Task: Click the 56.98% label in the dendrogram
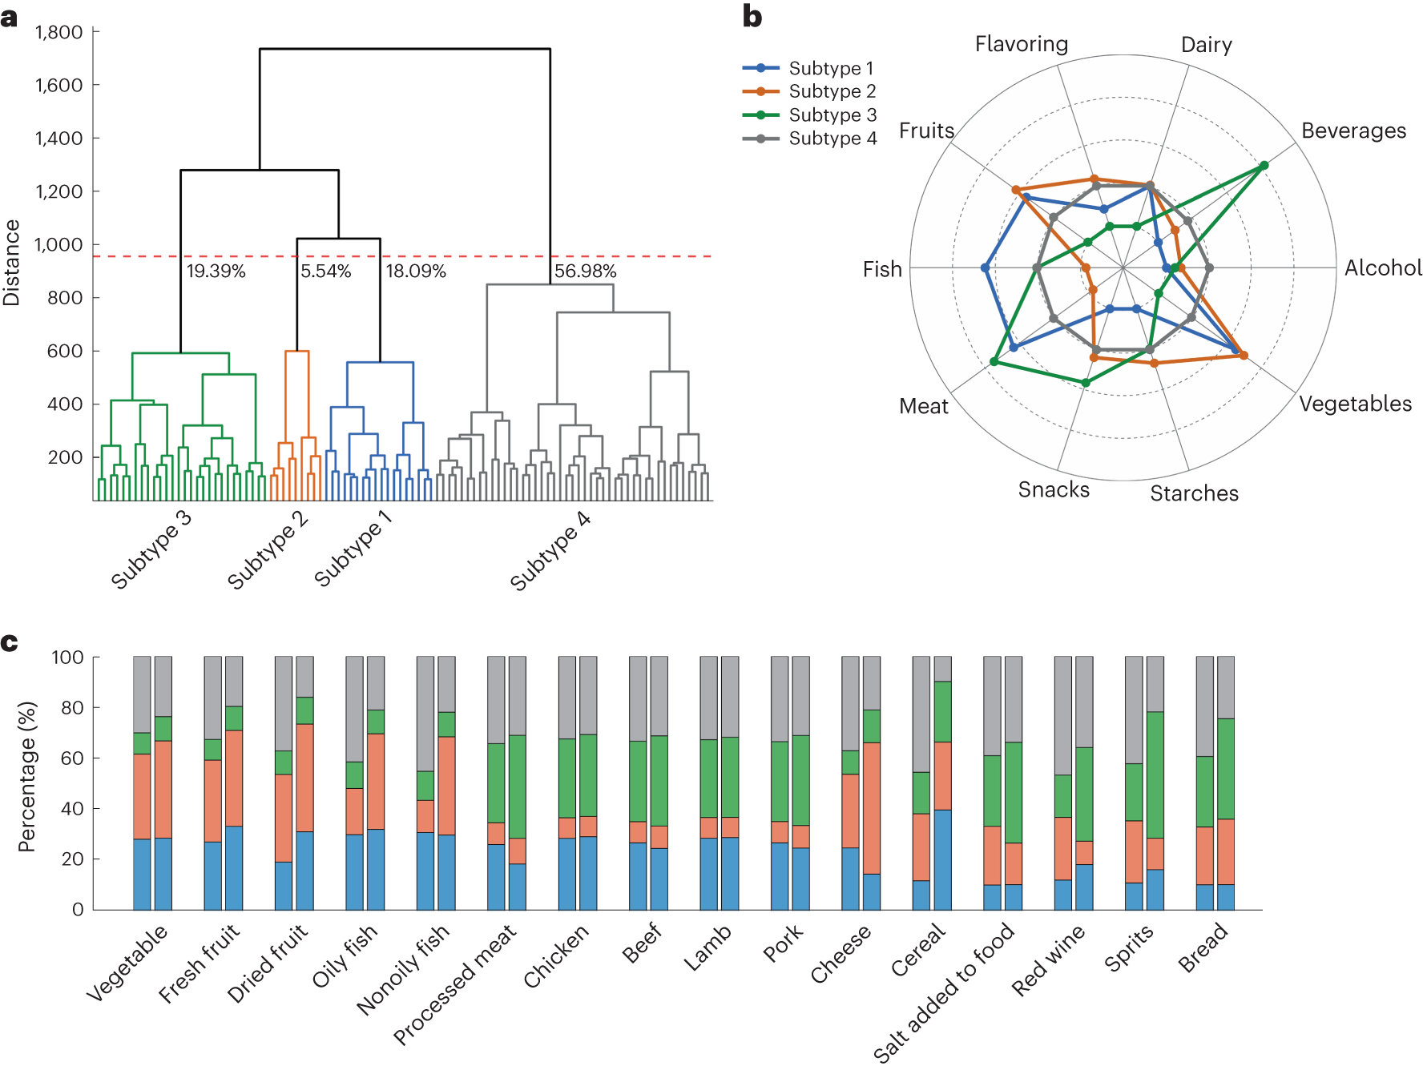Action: click(x=586, y=271)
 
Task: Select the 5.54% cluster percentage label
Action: click(x=326, y=271)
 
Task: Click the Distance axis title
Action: click(x=11, y=263)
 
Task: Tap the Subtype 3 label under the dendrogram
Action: click(x=151, y=549)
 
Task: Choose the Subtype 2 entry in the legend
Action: click(x=810, y=91)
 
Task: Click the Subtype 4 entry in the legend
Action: click(x=810, y=139)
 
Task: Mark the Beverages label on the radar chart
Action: click(x=1353, y=131)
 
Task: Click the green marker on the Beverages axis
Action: click(x=1264, y=166)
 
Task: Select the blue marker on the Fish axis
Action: click(x=985, y=267)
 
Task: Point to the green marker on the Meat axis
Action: click(x=994, y=361)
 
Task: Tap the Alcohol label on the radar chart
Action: click(x=1383, y=267)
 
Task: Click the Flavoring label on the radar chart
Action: click(x=1022, y=44)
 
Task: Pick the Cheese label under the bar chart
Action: click(x=840, y=953)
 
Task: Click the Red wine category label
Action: click(x=1048, y=959)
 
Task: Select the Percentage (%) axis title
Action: click(x=27, y=777)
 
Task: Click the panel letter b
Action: click(x=752, y=17)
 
